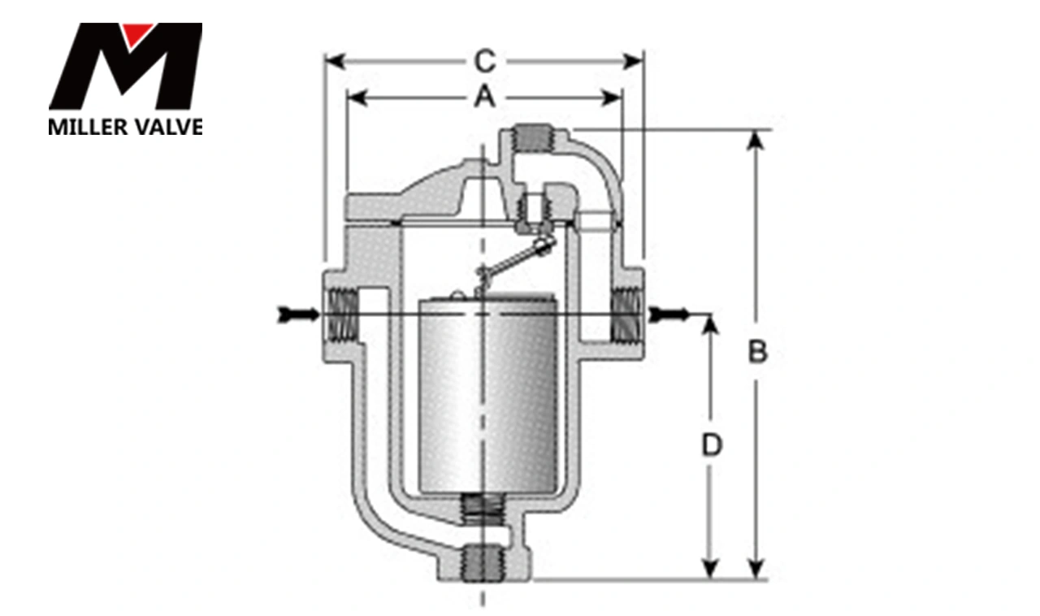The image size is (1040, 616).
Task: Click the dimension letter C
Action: tap(484, 61)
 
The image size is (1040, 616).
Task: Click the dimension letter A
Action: tap(484, 98)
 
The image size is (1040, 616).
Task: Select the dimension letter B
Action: tap(757, 353)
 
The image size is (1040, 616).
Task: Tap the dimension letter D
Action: tap(712, 445)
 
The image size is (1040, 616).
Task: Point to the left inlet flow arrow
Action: tap(297, 314)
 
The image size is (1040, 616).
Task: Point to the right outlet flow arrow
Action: tap(669, 314)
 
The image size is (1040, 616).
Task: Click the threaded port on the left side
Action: tap(341, 315)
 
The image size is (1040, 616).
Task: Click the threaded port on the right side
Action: tap(626, 315)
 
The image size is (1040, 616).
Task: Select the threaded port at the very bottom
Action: tap(483, 562)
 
